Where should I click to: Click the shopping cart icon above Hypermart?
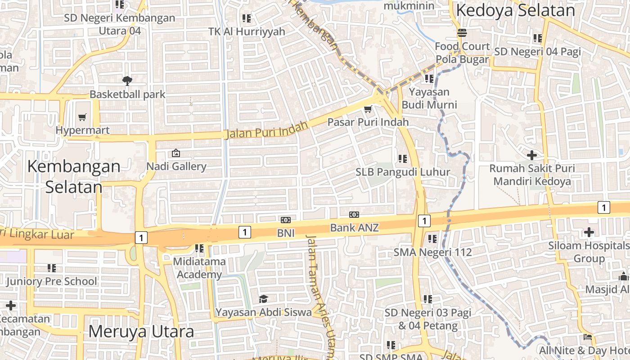coord(82,117)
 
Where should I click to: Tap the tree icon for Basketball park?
coord(127,81)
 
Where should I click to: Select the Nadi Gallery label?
coord(176,166)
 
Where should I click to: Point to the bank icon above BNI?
coord(286,220)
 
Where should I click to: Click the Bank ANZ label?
coord(354,228)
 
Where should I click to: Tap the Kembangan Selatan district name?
coord(73,176)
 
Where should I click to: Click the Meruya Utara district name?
coord(141,332)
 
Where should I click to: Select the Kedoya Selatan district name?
coord(515,10)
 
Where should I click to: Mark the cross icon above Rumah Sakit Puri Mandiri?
coord(532,155)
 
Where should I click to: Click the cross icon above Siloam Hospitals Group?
coord(589,232)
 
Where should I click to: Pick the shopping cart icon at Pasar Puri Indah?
coord(368,109)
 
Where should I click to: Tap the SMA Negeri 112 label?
coord(432,252)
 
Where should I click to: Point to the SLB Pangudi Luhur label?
coord(403,172)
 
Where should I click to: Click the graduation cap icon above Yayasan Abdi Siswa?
coord(263,299)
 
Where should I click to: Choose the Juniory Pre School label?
coord(52,282)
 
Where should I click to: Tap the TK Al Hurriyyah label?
coord(247,31)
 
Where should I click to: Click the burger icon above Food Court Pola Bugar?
coord(462,33)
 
